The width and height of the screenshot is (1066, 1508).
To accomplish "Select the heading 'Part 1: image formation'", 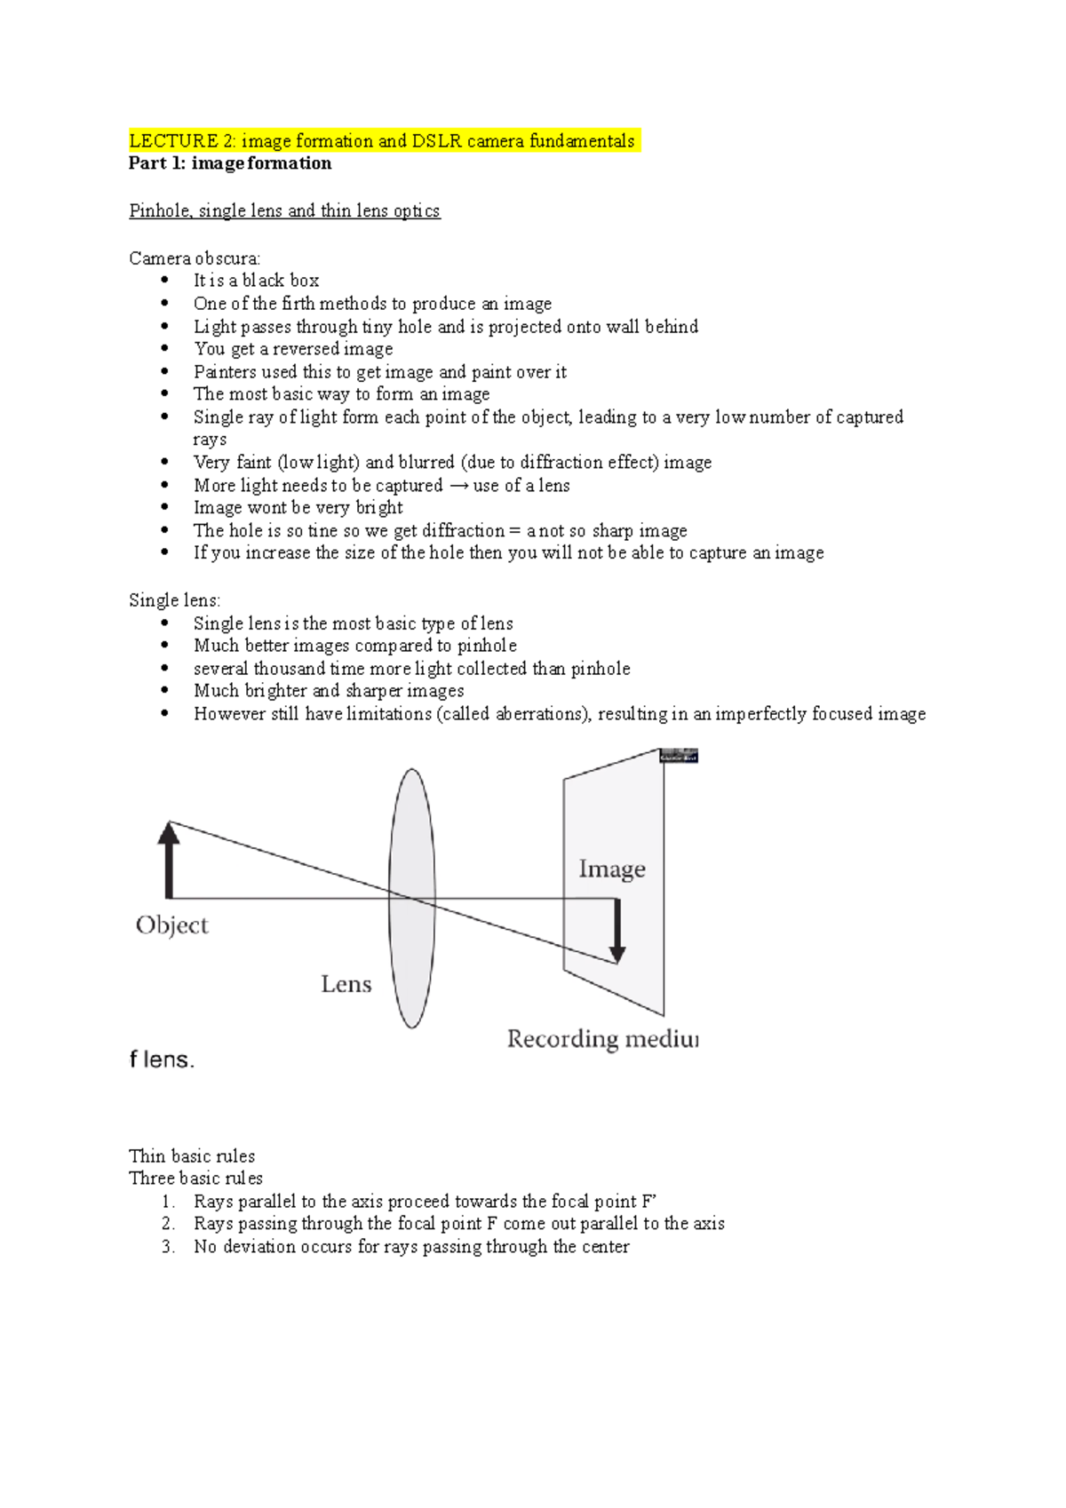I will (x=230, y=163).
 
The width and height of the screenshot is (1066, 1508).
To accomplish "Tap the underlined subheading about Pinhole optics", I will (x=284, y=210).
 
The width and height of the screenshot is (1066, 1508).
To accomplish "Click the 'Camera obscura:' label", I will (x=195, y=258).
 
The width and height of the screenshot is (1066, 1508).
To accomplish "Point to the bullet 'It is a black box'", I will (x=256, y=281).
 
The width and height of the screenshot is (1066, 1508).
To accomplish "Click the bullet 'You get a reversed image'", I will (x=293, y=349).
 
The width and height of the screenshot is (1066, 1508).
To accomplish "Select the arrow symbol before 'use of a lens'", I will (x=458, y=486).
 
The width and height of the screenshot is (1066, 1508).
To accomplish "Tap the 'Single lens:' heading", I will (x=174, y=600).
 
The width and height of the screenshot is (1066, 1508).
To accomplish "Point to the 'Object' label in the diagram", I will (x=171, y=925).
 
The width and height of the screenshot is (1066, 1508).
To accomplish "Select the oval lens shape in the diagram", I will (x=412, y=898).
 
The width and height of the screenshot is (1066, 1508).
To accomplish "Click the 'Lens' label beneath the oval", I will (x=346, y=984).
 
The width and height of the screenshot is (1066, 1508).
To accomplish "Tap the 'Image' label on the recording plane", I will (x=612, y=869).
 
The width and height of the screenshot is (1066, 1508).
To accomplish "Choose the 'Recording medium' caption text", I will (x=601, y=1038).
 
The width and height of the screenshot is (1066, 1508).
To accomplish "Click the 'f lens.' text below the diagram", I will (x=162, y=1060).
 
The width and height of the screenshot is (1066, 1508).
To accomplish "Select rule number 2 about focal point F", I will (x=458, y=1224).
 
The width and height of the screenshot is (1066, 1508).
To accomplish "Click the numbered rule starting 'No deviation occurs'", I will (x=410, y=1247).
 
